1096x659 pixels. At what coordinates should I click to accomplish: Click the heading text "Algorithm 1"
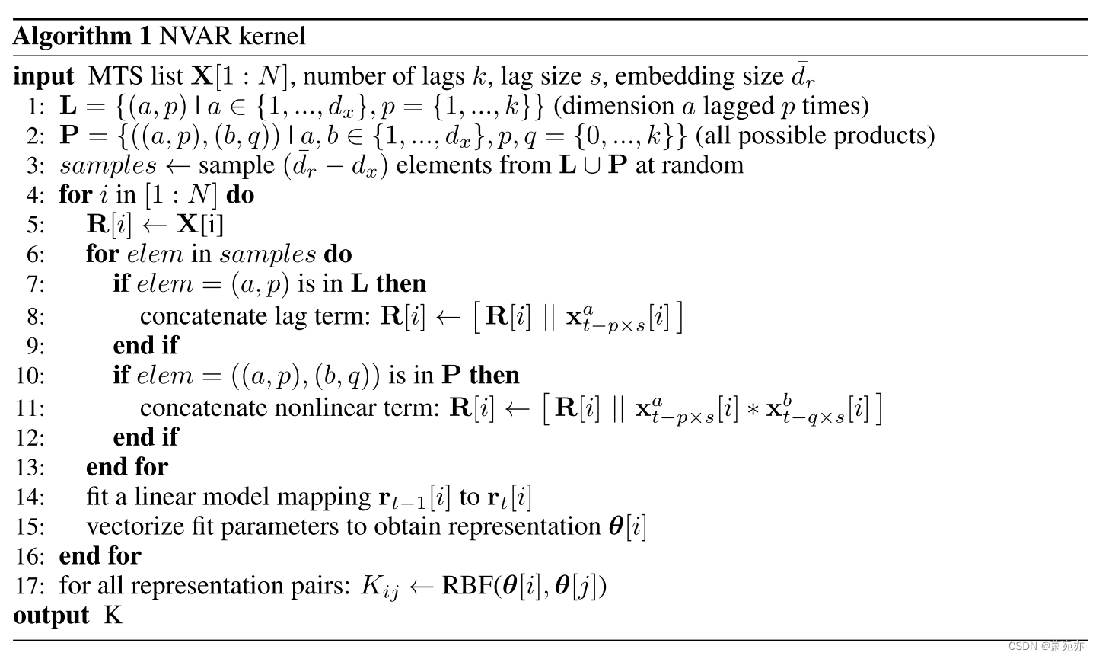82,36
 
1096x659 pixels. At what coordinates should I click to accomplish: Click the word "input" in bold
43,76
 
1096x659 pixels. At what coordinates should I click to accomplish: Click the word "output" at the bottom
51,615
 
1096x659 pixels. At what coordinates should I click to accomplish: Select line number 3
36,165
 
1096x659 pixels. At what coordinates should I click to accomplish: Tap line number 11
30,408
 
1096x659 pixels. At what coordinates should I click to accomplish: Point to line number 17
30,586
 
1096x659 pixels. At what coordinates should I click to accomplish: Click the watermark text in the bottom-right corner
1047,646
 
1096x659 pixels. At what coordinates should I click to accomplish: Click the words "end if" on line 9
145,346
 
